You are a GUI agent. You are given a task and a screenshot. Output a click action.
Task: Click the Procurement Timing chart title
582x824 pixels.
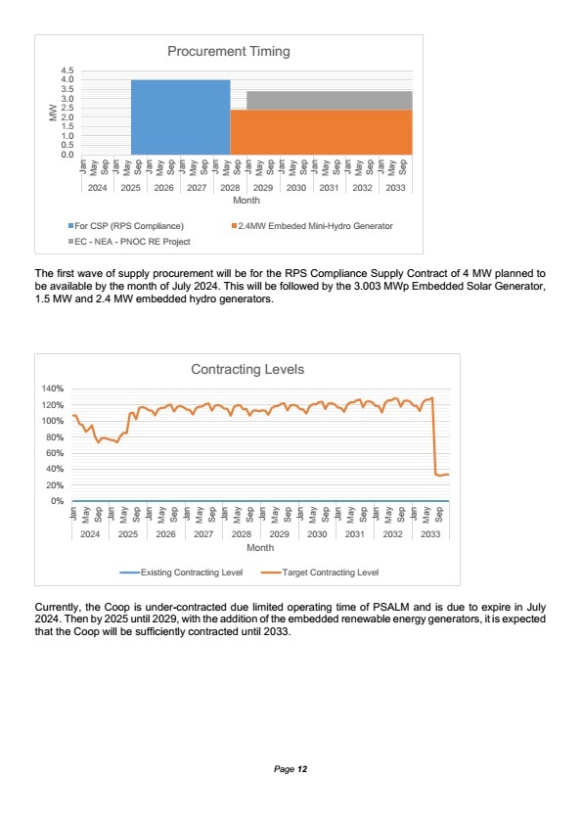point(229,52)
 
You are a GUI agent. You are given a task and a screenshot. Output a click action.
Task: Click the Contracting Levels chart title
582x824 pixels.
point(247,370)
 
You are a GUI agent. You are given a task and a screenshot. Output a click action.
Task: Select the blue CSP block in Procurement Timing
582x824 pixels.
point(180,117)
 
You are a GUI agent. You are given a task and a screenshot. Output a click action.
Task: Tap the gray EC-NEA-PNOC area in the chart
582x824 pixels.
point(330,101)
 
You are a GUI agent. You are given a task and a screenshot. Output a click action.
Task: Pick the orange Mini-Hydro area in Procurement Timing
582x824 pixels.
point(321,132)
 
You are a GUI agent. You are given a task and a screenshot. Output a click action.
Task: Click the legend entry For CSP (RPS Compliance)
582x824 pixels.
point(126,226)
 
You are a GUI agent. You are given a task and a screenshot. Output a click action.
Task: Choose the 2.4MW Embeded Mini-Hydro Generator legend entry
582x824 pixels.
point(312,226)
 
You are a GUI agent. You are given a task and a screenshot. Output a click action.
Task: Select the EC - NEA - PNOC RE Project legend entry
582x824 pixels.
point(129,242)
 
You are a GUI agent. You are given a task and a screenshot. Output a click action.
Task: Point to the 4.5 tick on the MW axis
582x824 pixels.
point(67,70)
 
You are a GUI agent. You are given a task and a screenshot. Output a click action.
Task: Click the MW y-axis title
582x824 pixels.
point(53,113)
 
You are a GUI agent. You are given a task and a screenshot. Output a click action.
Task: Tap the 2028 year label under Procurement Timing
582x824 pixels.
point(230,188)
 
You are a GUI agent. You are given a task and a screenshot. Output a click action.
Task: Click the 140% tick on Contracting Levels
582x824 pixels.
point(53,389)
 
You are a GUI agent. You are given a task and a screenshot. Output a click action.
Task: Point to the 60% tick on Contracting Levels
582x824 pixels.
point(55,453)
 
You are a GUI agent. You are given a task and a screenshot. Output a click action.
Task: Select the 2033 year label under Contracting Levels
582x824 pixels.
point(430,534)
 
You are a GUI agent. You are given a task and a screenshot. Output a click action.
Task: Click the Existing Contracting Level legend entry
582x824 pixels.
point(181,572)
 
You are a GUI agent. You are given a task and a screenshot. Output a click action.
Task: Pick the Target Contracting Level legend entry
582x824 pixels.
point(319,572)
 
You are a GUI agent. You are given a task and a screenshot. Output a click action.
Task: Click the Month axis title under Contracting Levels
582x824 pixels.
point(260,548)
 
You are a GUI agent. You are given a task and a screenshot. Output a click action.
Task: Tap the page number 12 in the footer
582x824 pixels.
point(302,769)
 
